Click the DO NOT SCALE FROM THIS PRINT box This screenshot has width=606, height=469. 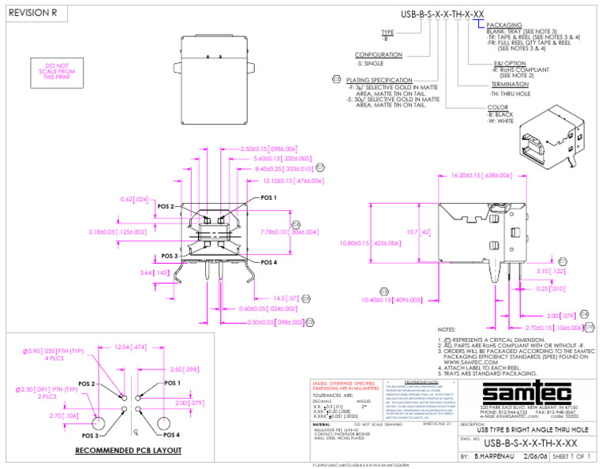57,71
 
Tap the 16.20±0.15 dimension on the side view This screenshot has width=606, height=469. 481,175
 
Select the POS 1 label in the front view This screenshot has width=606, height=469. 268,198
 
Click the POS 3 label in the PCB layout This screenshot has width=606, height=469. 86,435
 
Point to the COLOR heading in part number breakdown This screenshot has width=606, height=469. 498,107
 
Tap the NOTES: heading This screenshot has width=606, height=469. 447,330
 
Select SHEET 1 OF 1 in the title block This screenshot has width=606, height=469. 571,457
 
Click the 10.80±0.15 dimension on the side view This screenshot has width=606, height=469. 369,243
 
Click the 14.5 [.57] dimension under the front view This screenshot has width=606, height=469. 286,298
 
